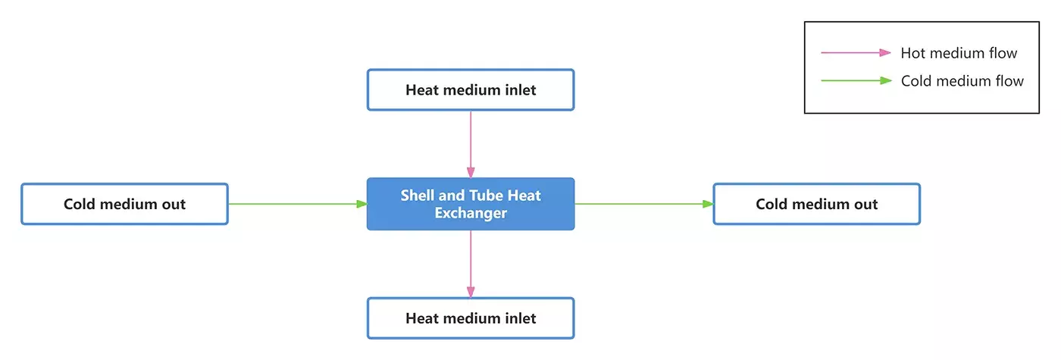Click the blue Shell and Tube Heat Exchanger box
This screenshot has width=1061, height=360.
(471, 204)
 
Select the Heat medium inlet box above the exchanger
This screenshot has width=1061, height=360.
(471, 90)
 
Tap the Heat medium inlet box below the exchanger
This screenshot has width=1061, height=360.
(471, 318)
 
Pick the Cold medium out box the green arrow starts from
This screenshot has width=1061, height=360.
(124, 204)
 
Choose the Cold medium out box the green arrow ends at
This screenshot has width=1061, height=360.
(817, 204)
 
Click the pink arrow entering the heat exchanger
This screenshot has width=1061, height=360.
(471, 144)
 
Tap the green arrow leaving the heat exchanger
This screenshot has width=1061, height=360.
(644, 204)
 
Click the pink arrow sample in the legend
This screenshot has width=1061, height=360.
(856, 53)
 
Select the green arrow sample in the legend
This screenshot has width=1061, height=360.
(856, 80)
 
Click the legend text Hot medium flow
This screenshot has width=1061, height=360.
(959, 53)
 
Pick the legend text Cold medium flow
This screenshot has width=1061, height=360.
(962, 80)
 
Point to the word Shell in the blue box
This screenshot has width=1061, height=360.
(418, 196)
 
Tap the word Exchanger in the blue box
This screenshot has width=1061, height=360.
(471, 213)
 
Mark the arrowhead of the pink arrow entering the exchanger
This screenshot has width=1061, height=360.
(471, 173)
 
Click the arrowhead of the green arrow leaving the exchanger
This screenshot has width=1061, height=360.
(709, 204)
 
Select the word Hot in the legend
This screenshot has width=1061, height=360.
(913, 53)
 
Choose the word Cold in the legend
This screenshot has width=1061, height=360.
(917, 80)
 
